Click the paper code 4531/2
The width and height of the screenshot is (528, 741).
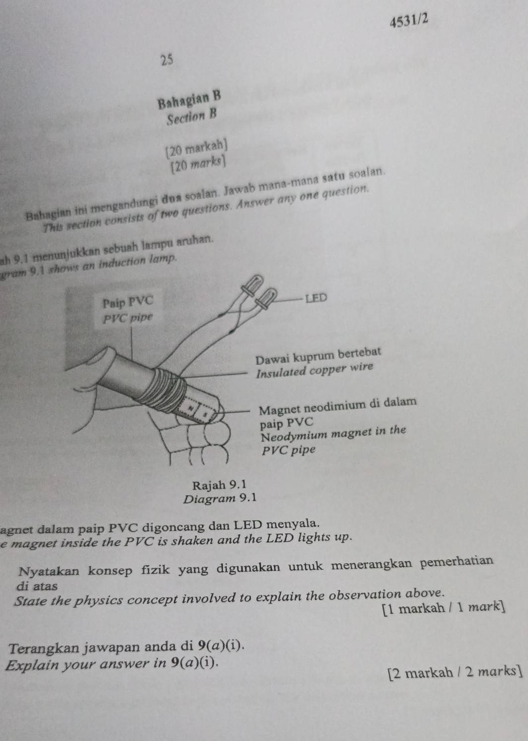[x=409, y=22]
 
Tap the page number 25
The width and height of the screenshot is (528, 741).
[x=167, y=60]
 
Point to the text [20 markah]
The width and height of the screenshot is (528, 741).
[x=197, y=147]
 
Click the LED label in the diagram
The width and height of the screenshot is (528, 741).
[x=316, y=298]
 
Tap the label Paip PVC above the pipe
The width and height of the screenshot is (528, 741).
[x=128, y=301]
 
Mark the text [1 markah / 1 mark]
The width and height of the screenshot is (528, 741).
[x=443, y=607]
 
